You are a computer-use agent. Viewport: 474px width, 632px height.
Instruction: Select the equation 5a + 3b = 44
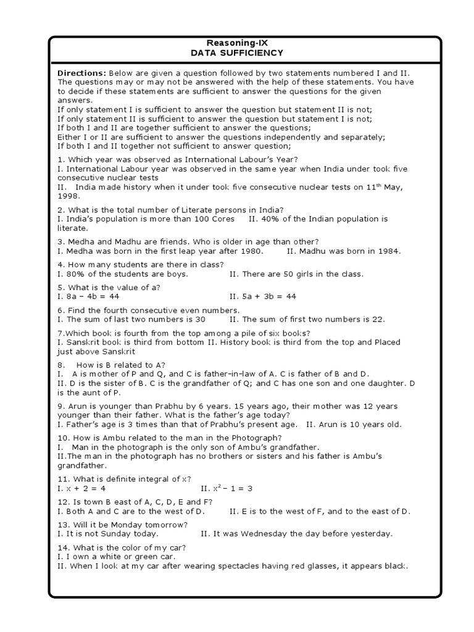(263, 296)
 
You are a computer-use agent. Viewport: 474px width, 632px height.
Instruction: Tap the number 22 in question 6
(378, 319)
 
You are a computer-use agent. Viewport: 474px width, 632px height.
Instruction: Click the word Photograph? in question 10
(256, 438)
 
